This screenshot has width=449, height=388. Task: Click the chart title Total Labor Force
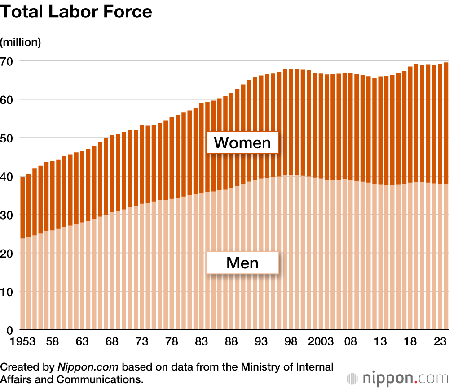click(x=76, y=13)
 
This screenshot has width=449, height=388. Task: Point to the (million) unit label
click(x=21, y=43)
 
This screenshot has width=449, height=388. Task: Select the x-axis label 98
click(x=291, y=342)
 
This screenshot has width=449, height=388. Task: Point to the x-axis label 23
click(x=439, y=342)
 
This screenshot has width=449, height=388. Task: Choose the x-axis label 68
click(x=112, y=342)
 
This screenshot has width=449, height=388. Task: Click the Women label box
click(x=242, y=142)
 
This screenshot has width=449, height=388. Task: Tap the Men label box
click(x=242, y=263)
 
